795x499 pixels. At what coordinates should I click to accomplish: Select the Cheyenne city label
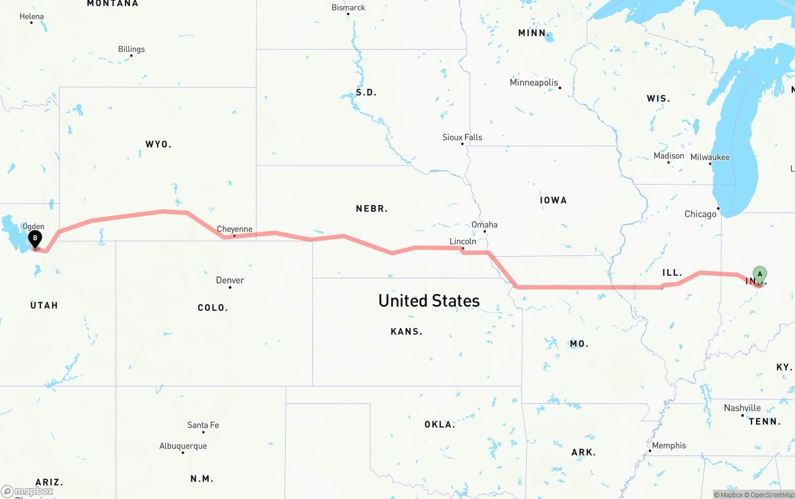click(x=235, y=229)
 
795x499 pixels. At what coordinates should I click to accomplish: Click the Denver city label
click(x=230, y=280)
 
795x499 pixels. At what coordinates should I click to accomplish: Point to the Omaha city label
click(x=484, y=224)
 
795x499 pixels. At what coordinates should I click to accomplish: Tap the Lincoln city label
click(x=463, y=241)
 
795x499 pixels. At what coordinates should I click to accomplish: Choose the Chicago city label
click(x=701, y=214)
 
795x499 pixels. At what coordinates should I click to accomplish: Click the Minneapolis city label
click(x=534, y=83)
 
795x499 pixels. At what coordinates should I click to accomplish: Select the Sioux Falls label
click(x=462, y=137)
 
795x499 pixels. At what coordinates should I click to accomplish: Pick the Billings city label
click(x=131, y=49)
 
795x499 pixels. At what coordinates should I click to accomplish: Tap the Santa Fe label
click(x=203, y=425)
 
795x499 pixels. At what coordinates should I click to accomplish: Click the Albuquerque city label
click(x=183, y=446)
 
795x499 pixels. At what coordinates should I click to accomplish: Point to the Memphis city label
click(x=669, y=445)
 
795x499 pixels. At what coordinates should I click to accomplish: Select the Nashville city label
click(x=742, y=408)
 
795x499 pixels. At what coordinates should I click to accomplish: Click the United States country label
click(x=429, y=301)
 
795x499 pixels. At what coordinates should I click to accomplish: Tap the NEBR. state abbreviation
click(x=372, y=209)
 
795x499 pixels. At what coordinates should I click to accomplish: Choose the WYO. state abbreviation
click(x=158, y=144)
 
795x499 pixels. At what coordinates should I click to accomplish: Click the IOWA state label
click(x=553, y=200)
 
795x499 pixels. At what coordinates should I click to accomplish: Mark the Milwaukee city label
click(x=710, y=157)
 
